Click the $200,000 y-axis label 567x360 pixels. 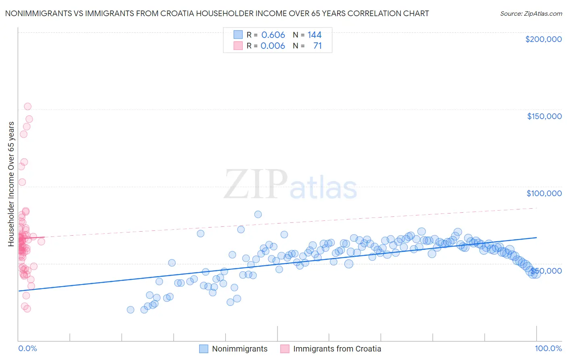(x=543, y=39)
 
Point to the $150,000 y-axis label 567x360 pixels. (x=544, y=116)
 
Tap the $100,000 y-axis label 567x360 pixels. (x=544, y=193)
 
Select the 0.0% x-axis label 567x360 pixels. (x=27, y=348)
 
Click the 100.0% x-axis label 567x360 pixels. (x=548, y=348)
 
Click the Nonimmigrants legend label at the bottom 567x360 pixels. (x=240, y=349)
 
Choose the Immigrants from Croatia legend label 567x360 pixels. (x=337, y=349)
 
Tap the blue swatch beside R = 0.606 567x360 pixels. (x=238, y=35)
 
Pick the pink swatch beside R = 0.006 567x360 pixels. (x=238, y=46)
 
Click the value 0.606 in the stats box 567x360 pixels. (x=273, y=35)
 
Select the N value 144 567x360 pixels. (x=315, y=35)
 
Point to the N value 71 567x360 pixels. (x=317, y=46)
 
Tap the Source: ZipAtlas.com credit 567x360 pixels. (x=531, y=13)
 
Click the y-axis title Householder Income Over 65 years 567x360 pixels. (x=11, y=184)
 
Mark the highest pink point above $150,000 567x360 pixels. (x=28, y=107)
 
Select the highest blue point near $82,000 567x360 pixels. (x=258, y=214)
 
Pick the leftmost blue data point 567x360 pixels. (x=130, y=310)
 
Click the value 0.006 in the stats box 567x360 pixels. (x=273, y=46)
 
